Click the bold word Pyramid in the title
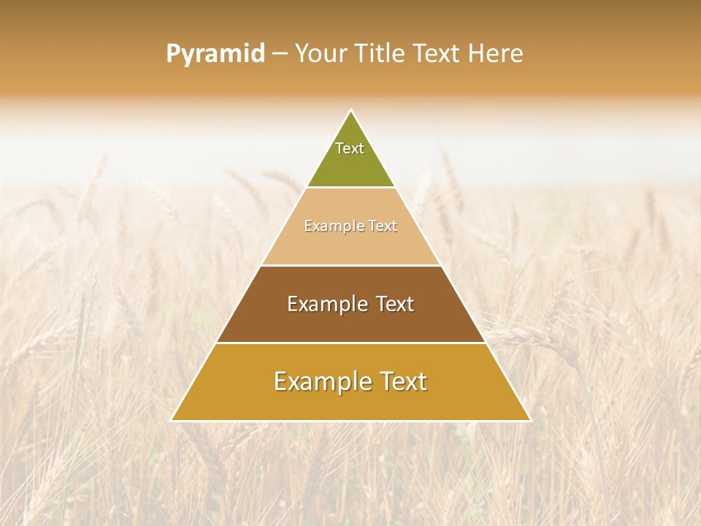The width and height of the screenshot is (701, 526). (x=215, y=54)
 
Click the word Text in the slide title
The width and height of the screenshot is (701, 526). (x=437, y=54)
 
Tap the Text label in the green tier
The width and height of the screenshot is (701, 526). (x=350, y=148)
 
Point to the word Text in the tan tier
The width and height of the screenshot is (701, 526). (x=383, y=226)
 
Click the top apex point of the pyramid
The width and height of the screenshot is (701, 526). (x=351, y=111)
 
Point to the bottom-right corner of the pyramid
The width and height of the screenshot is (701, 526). (x=530, y=420)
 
